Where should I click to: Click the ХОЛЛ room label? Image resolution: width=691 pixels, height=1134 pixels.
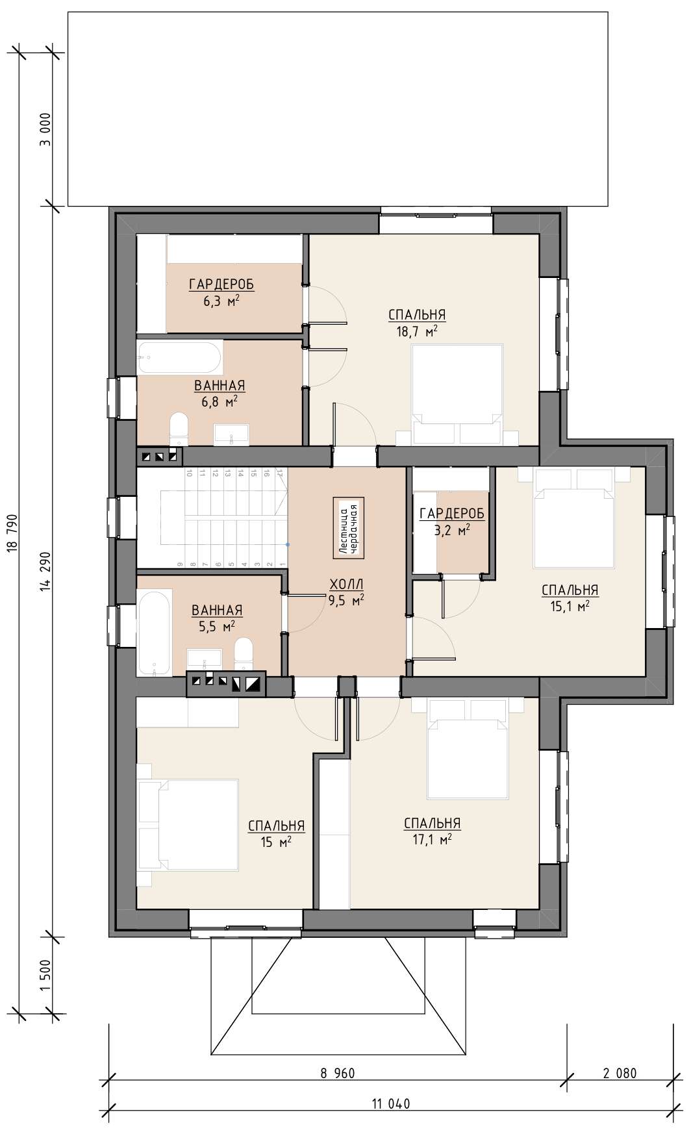[347, 585]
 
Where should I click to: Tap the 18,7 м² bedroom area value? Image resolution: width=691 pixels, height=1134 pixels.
[416, 331]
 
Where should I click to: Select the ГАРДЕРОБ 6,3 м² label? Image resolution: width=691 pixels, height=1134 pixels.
[221, 291]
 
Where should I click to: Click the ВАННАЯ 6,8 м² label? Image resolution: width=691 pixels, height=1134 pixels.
[220, 393]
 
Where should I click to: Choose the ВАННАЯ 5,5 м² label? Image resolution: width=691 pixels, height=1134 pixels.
[217, 618]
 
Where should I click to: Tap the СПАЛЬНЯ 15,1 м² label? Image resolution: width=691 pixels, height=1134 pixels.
[570, 598]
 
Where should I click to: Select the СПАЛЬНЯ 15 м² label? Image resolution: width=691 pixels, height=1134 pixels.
[276, 833]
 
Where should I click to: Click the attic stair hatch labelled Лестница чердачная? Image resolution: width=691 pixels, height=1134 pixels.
[349, 528]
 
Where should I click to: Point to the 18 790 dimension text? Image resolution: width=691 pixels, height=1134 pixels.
[12, 534]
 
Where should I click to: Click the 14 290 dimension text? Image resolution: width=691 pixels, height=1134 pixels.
[44, 573]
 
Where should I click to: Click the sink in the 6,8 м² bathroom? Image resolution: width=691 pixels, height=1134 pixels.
[231, 435]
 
